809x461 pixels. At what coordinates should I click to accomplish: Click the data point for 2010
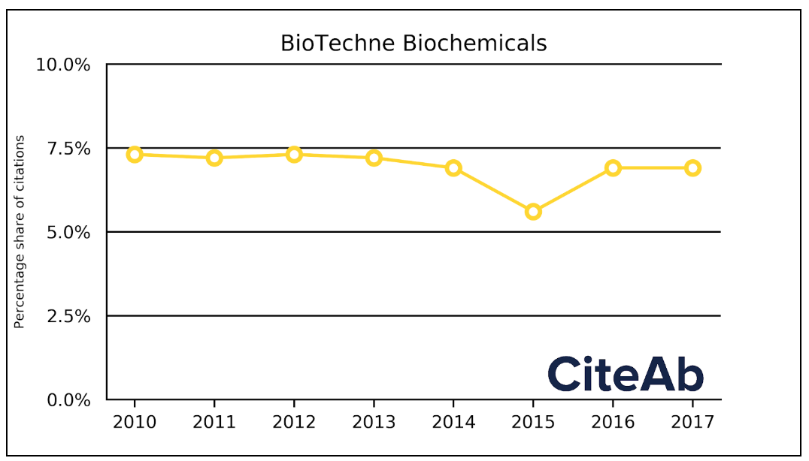coord(135,155)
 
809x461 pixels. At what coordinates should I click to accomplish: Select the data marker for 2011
coord(214,158)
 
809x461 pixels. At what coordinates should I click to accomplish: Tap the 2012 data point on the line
coord(294,155)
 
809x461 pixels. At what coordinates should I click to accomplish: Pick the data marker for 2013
coord(374,158)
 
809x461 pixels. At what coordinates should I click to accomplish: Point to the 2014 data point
coord(453,167)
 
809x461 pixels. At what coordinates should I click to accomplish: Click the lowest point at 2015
coord(533,212)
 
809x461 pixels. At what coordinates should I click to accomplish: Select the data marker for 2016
coord(613,167)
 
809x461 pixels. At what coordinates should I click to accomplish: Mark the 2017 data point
coord(692,167)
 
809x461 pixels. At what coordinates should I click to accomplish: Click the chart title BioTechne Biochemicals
coord(414,44)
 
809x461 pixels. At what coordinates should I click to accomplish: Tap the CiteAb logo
coord(626,374)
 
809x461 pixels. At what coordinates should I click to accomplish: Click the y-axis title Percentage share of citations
coord(20,232)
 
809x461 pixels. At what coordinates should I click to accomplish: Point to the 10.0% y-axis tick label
coord(63,65)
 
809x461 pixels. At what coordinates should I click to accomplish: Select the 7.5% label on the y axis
coord(68,149)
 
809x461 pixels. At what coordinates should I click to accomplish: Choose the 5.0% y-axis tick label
coord(68,233)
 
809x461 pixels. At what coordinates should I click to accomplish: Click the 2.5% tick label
coord(68,316)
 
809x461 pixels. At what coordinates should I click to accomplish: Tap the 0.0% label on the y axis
coord(68,400)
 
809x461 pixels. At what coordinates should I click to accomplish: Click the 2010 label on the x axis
coord(135,422)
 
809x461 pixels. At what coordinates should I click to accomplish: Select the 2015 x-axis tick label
coord(533,422)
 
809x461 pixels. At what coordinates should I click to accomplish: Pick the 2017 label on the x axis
coord(692,422)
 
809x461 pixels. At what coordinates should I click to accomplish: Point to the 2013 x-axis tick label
coord(374,422)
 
